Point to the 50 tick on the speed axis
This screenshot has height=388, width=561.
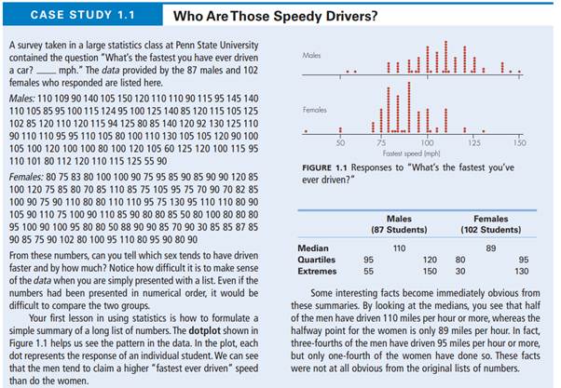point(340,142)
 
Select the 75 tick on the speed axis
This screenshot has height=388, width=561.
point(384,142)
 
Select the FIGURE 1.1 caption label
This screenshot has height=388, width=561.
point(327,169)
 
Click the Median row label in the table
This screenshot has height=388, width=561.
point(312,248)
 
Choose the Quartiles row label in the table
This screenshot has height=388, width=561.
point(316,260)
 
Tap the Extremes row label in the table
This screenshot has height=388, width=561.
point(317,272)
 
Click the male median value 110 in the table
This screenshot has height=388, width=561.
point(399,248)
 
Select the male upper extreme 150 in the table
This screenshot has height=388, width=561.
point(430,272)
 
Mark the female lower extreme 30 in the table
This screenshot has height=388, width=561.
point(459,272)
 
